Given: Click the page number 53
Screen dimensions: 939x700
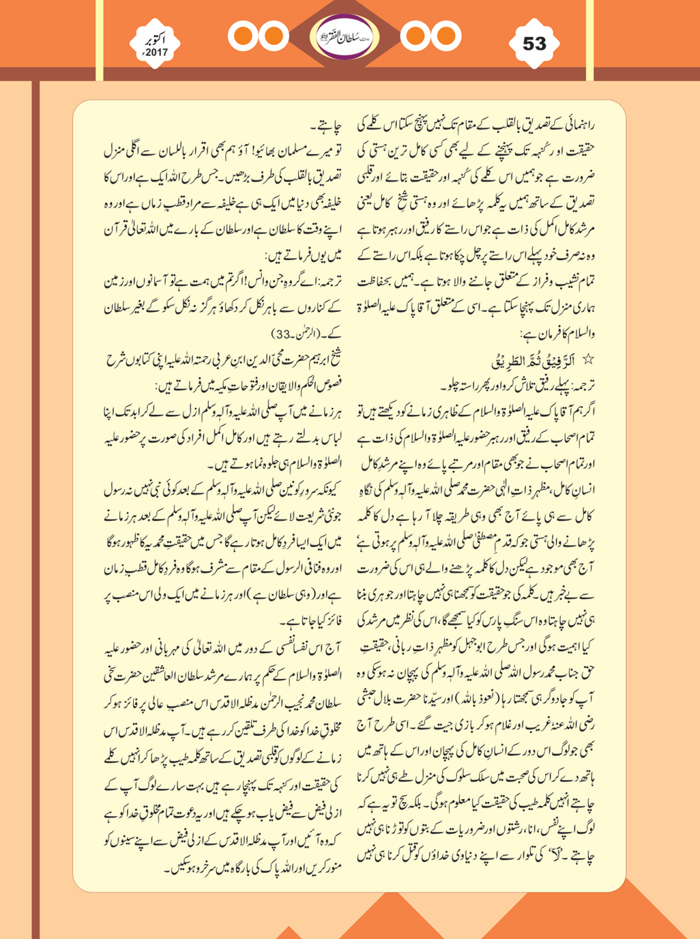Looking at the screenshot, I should click(534, 44).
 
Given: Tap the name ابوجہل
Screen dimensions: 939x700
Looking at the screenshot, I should click(476, 641).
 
